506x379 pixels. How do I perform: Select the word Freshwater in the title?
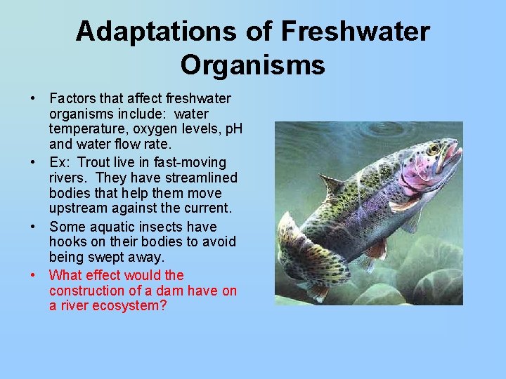coord(355,32)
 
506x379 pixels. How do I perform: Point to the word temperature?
coord(84,129)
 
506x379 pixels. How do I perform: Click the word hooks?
coord(67,242)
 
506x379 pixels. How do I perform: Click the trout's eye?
coord(434,148)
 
